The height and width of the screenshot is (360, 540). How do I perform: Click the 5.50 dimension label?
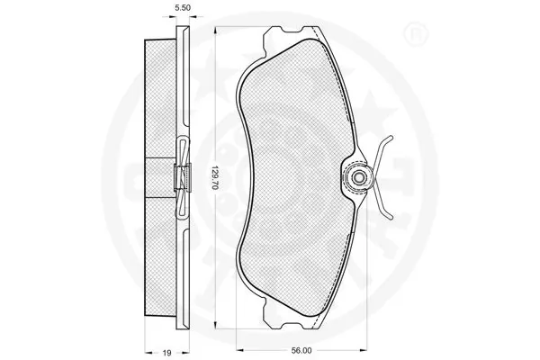pos(183,7)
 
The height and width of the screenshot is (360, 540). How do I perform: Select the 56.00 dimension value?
pos(301,350)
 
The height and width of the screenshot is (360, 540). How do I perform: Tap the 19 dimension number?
pos(166,353)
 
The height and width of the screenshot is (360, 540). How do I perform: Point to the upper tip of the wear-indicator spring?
pos(391,137)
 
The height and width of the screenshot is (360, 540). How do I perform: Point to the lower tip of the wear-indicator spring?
pos(391,217)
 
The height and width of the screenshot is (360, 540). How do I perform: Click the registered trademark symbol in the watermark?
pos(415,34)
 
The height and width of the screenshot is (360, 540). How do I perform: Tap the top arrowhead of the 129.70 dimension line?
pos(215,31)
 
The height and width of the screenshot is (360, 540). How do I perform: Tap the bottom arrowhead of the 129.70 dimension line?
pos(215,325)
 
